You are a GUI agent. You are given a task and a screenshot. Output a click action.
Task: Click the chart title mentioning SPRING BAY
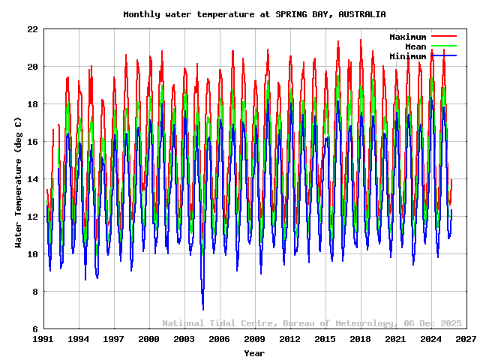tap(254, 14)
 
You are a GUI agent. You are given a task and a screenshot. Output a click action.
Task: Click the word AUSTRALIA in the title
tap(362, 14)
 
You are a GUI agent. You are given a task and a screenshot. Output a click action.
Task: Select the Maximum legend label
tap(407, 37)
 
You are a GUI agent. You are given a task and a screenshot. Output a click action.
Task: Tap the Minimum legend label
tap(407, 56)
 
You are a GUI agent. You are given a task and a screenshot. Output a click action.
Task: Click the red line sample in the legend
tap(444, 37)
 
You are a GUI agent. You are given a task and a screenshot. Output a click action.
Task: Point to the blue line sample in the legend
tap(444, 56)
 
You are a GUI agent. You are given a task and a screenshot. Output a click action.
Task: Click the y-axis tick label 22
tap(33, 29)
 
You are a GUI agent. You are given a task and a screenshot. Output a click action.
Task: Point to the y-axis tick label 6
tap(35, 329)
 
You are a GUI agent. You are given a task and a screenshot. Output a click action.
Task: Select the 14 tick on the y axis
tap(33, 179)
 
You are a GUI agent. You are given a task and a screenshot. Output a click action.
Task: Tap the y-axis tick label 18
tap(33, 104)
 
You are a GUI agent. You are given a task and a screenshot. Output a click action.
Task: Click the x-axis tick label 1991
tap(43, 339)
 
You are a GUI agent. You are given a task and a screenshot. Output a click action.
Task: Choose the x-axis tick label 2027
tap(466, 339)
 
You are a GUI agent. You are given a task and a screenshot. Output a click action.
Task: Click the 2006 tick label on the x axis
tap(219, 339)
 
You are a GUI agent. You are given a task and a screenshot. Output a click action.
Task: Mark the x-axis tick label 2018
tap(360, 339)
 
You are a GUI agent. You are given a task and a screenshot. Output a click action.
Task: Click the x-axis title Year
tap(254, 352)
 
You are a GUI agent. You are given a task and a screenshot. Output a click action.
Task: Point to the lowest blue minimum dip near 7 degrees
tap(202, 308)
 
